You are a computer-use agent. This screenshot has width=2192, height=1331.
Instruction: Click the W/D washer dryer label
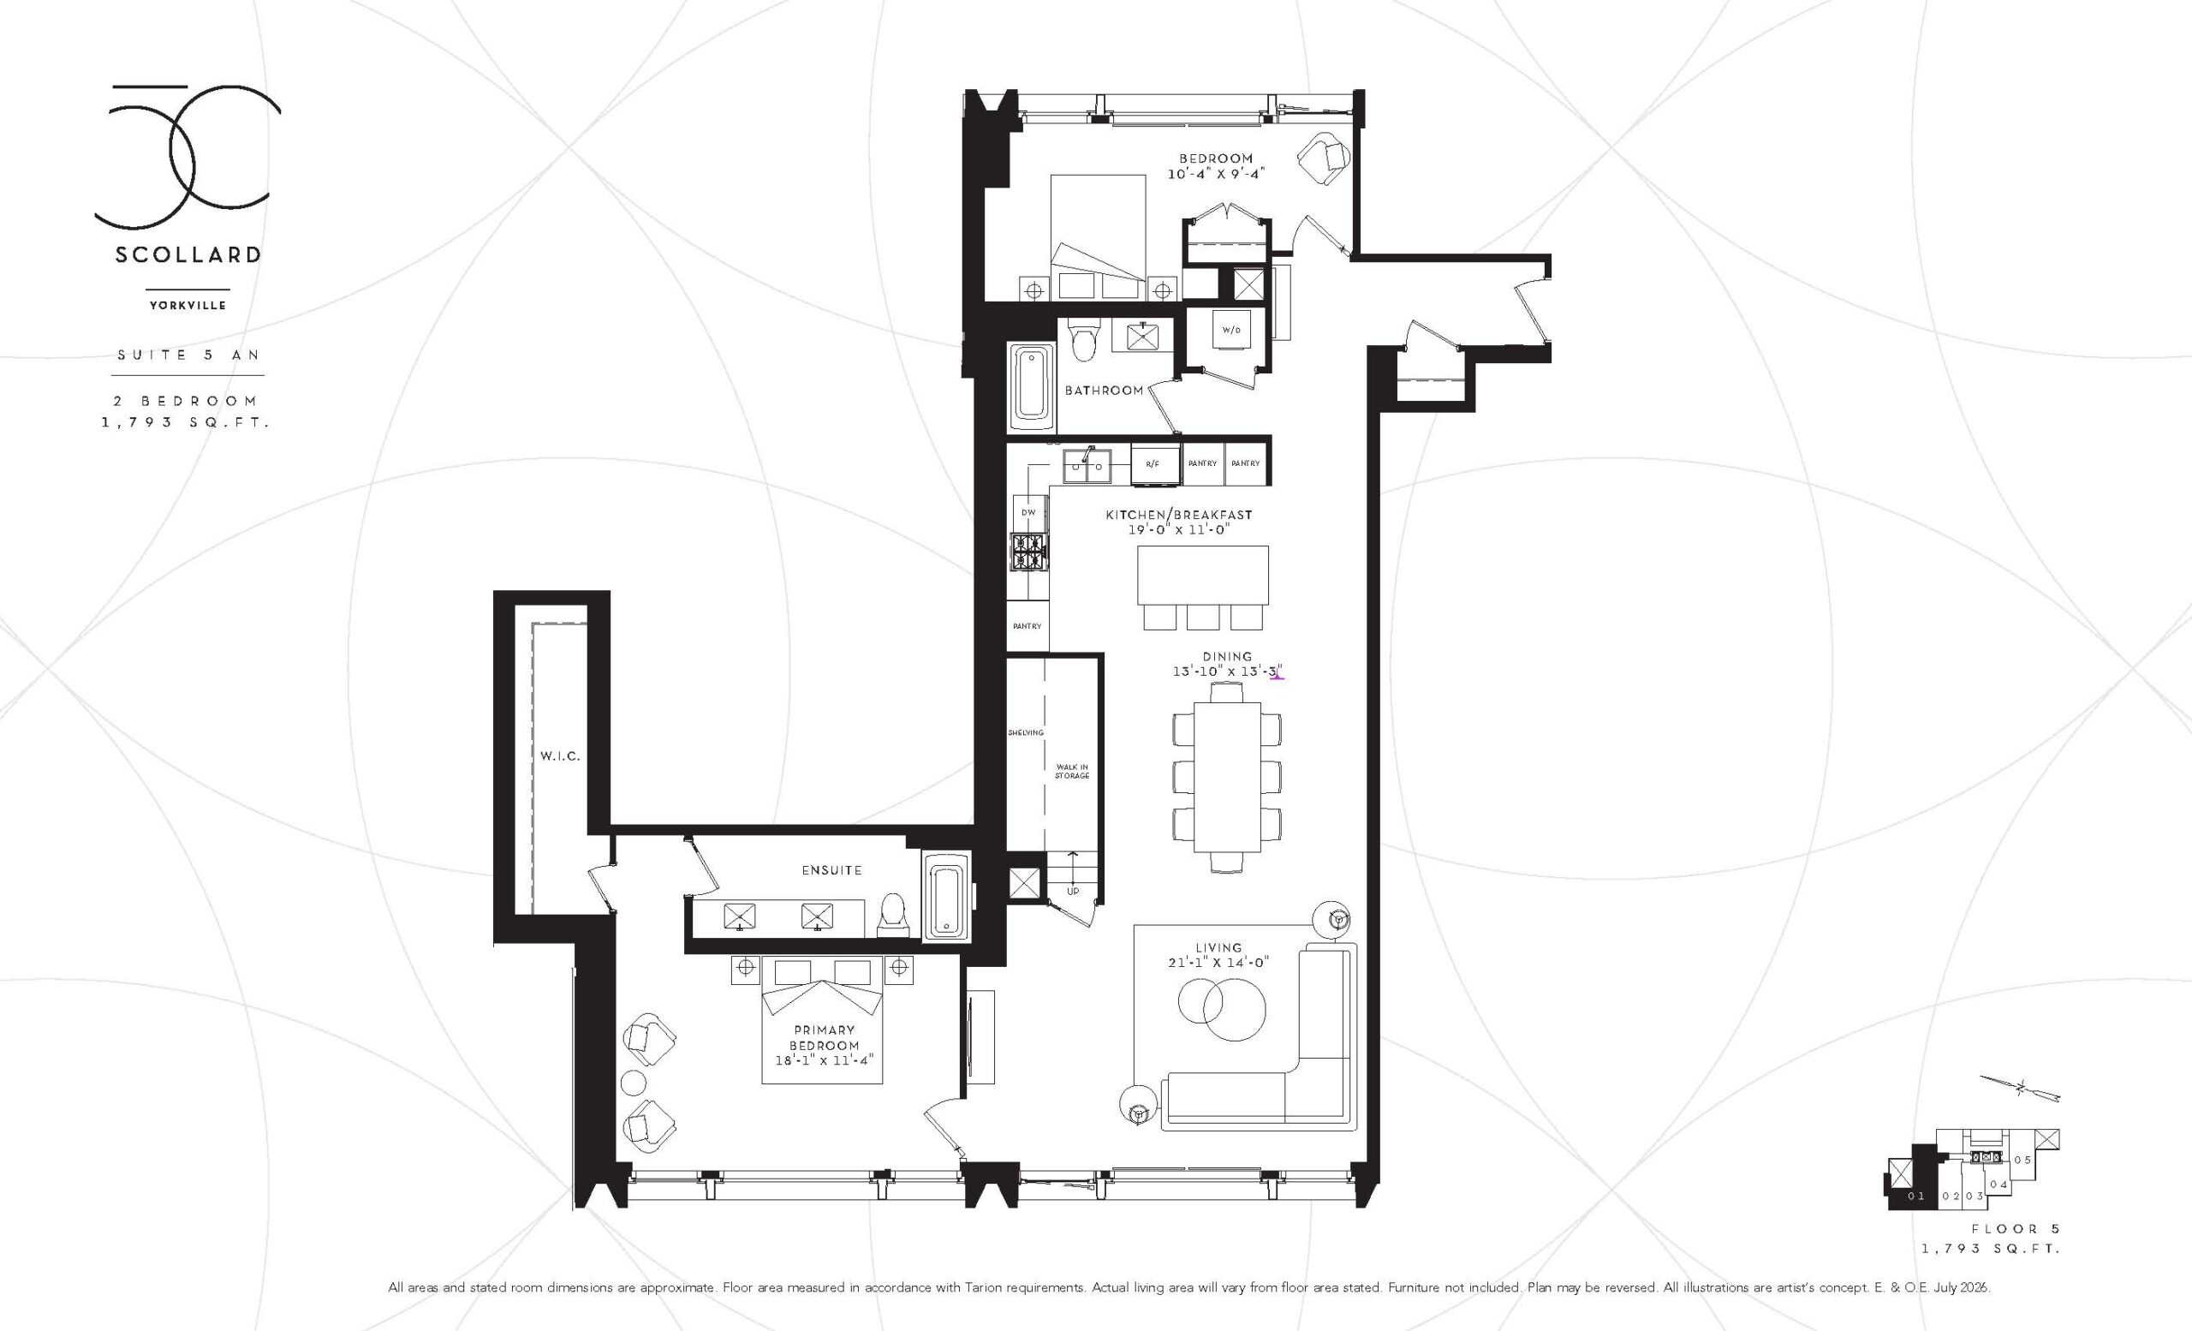point(1230,330)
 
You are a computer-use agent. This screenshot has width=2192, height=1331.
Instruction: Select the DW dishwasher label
point(1027,512)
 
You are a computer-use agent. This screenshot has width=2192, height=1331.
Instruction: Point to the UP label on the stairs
point(1073,891)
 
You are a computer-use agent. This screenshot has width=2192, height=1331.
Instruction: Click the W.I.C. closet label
point(560,756)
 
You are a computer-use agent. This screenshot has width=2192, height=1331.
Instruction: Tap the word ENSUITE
point(831,870)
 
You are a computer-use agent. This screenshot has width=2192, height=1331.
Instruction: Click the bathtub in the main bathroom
point(1032,395)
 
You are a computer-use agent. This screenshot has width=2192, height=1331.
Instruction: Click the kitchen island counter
point(1203,576)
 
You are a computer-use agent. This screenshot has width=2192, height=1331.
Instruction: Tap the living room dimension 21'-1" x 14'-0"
point(1218,962)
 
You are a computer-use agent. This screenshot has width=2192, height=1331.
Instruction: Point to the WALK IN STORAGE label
point(1072,771)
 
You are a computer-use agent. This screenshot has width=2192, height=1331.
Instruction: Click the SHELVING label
point(1026,732)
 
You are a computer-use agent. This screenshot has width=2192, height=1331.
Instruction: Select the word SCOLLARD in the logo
point(188,254)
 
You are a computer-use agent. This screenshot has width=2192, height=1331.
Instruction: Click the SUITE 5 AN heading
point(188,354)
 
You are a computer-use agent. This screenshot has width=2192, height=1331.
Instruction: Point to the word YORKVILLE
point(188,305)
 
